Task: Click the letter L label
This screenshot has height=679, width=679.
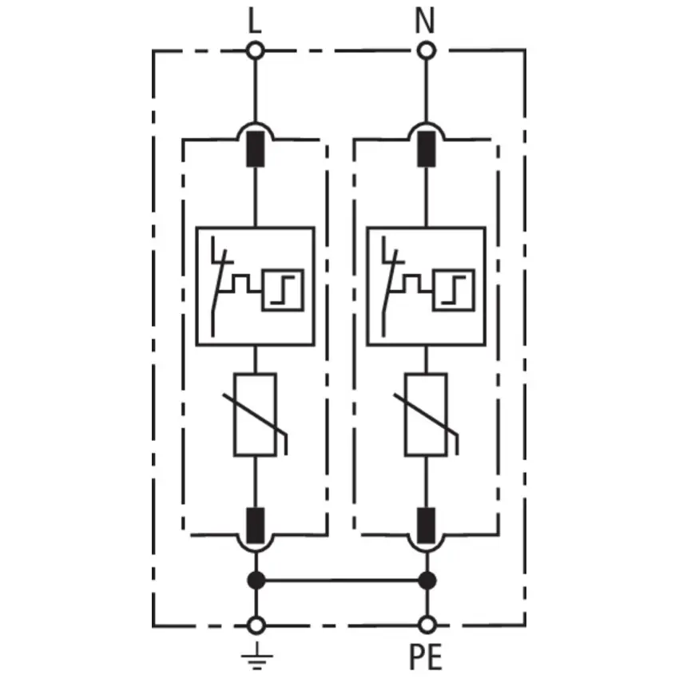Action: (x=255, y=22)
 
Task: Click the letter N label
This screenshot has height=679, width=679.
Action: (x=425, y=21)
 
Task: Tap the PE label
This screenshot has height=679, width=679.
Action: (x=426, y=657)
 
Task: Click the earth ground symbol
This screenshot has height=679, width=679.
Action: (x=256, y=656)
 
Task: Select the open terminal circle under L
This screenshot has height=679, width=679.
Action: (x=255, y=50)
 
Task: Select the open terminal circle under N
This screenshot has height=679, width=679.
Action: (x=427, y=50)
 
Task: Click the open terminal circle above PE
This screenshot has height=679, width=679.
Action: (x=427, y=625)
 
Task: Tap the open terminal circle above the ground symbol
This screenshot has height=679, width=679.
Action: (x=256, y=625)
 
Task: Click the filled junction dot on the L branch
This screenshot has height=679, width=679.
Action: (x=256, y=580)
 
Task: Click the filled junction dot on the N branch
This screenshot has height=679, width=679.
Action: (x=427, y=580)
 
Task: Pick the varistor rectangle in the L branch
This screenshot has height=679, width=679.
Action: (x=255, y=415)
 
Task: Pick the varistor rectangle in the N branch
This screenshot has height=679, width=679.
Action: (x=426, y=415)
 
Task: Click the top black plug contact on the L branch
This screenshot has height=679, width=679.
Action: (x=255, y=149)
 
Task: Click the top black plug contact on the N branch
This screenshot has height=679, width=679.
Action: (x=427, y=149)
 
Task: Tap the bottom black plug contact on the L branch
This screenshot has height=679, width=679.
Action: (x=256, y=526)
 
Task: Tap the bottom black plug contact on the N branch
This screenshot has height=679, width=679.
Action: (x=427, y=526)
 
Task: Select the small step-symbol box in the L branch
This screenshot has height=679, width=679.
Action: (x=283, y=290)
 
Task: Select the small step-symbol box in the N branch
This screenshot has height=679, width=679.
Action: (x=454, y=290)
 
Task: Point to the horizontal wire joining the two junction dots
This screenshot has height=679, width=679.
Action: (x=342, y=580)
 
